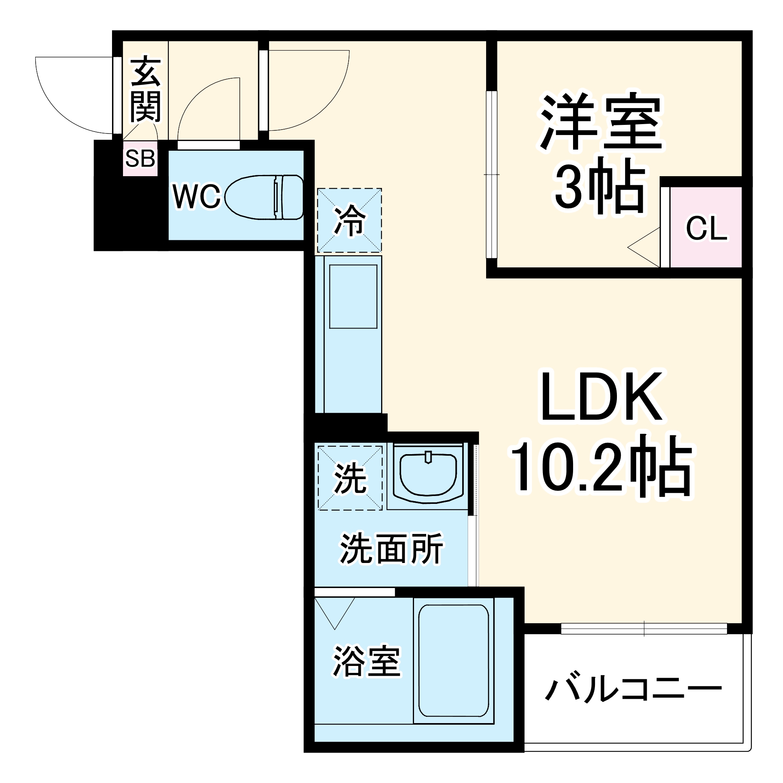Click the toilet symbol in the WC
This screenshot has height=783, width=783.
[x=264, y=197]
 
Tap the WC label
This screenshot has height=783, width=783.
[x=196, y=197]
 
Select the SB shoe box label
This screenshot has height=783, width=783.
[x=140, y=159]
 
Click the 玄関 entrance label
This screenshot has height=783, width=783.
[x=145, y=90]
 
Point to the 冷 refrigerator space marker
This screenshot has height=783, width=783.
[x=349, y=220]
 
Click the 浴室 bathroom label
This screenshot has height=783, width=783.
[x=367, y=661]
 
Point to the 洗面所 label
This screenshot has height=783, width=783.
[x=391, y=549]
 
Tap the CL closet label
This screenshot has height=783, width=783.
[x=706, y=229]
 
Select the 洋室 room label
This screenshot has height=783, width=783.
[x=601, y=122]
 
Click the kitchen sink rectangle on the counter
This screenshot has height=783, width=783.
[x=353, y=296]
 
